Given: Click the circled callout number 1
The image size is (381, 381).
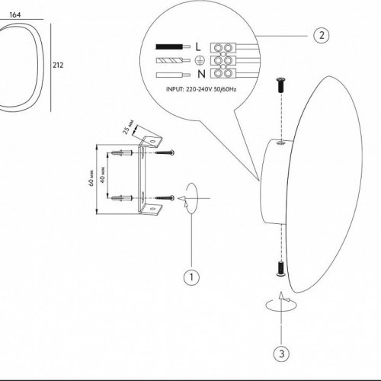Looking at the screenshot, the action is [x=191, y=277].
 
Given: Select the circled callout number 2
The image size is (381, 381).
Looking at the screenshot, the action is [x=322, y=35].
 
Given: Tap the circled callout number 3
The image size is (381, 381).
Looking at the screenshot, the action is [x=282, y=354].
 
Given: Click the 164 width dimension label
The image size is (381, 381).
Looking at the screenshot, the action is [x=15, y=15].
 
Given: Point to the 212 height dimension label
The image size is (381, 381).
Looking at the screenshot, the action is [x=58, y=66].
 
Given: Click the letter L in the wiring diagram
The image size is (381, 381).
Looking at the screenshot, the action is [x=198, y=46].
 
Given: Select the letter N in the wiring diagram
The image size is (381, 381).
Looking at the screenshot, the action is [x=201, y=74].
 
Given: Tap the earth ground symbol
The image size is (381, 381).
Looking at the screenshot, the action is [x=200, y=60].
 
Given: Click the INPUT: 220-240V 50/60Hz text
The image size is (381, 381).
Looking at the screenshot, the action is [x=201, y=89].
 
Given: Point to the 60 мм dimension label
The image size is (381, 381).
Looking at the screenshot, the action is [x=91, y=178].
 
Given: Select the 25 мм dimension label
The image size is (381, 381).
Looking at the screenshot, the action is [x=128, y=126].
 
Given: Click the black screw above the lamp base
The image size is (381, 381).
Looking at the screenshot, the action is [x=280, y=85].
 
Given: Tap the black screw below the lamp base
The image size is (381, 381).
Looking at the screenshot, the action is [x=280, y=268].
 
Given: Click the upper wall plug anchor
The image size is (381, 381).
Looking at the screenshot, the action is [x=121, y=153].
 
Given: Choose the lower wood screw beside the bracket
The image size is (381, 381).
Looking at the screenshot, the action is [x=165, y=197].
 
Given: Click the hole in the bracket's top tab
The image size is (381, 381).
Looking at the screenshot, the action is [x=152, y=140].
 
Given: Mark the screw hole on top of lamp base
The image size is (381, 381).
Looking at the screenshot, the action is [x=280, y=143].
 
